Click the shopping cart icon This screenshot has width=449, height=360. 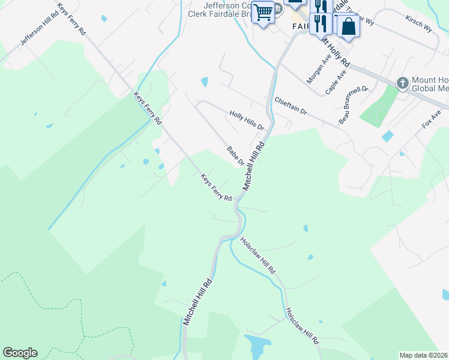click(262, 12)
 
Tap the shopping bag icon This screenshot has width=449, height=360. click(347, 26)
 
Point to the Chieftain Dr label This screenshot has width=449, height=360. click(291, 107)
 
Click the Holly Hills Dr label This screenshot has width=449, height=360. click(247, 120)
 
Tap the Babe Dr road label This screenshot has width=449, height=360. click(235, 155)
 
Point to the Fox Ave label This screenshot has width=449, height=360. click(432, 118)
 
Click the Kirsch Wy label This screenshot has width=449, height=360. click(419, 23)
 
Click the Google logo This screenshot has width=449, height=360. click(20, 353)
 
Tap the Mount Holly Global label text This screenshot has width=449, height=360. click(430, 83)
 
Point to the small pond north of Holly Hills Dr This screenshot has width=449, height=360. click(205, 81)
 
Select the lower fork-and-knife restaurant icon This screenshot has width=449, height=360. click(322, 23)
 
